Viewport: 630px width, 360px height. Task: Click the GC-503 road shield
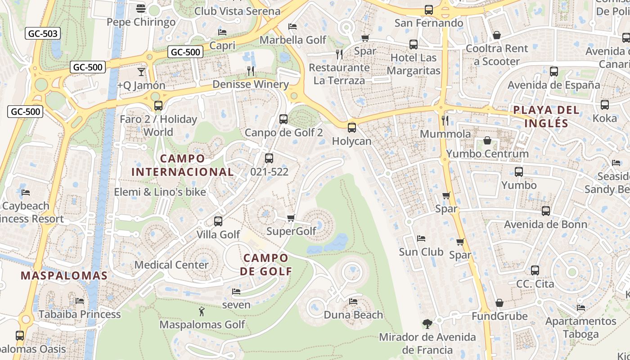click(43, 33)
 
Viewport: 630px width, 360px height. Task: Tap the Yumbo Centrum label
click(487, 154)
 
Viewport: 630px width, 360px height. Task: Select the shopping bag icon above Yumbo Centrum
click(487, 141)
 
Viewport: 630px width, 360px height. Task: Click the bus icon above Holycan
click(352, 128)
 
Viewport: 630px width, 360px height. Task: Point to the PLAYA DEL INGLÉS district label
click(546, 117)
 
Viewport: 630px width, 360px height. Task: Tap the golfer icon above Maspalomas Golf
click(202, 311)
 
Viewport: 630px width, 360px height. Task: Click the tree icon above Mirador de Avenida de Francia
click(427, 324)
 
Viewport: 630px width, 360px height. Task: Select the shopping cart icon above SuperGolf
click(291, 218)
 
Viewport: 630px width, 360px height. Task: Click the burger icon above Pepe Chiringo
click(141, 9)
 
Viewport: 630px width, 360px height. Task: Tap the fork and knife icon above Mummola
click(445, 120)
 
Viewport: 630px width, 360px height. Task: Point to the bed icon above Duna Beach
click(353, 301)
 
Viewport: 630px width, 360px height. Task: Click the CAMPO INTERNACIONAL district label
click(182, 165)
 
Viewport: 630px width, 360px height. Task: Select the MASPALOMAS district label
click(64, 276)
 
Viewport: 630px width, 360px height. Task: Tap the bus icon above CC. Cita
click(535, 270)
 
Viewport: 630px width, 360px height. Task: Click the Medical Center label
click(171, 265)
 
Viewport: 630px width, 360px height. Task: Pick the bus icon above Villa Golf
click(218, 221)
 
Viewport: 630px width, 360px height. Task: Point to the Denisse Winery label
click(251, 84)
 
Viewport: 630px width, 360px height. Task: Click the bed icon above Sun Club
click(421, 238)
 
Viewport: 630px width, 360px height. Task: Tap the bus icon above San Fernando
click(429, 10)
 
